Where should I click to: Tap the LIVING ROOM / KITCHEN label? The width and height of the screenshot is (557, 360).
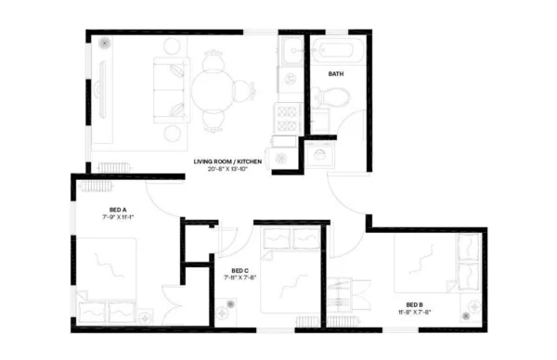point(227,161)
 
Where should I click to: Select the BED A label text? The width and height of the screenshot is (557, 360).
point(118,209)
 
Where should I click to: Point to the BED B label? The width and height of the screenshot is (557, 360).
point(414,304)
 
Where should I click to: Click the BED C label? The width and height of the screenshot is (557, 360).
point(234,269)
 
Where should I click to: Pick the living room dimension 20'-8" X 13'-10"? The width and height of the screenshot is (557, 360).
point(228,170)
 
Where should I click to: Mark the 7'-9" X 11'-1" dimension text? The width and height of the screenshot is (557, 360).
point(119,217)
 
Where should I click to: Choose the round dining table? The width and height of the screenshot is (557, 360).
point(214,91)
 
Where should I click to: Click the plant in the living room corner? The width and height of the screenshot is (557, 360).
point(104,44)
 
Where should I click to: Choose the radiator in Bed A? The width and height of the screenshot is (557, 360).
point(93,185)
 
